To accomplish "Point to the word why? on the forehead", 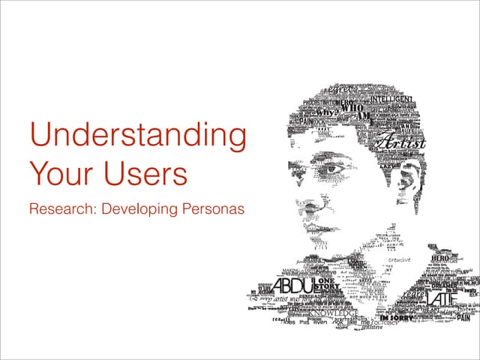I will (x=325, y=113).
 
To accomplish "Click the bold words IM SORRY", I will (x=394, y=319).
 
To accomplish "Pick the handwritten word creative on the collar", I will (x=399, y=260).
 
